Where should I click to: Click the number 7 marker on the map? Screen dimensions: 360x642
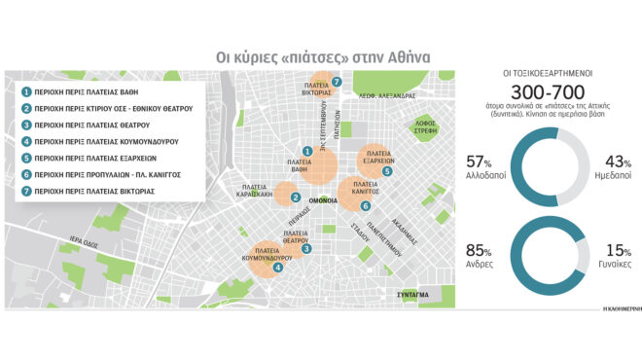coord(337,83)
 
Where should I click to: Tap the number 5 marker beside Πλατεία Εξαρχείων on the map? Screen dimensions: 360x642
coord(387,171)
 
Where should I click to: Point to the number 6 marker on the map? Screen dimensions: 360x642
coord(365,206)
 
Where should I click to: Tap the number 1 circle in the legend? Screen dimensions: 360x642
coord(26,90)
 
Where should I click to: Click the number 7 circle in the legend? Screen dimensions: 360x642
coord(26,192)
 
